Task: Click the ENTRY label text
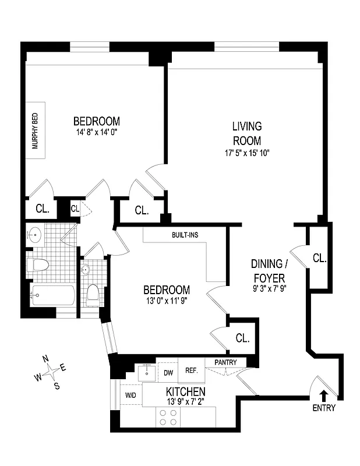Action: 324,407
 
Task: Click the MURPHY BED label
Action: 35,132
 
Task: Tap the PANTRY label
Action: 225,362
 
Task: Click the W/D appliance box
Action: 130,396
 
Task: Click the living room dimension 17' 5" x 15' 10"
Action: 247,153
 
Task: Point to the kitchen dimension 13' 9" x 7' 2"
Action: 186,401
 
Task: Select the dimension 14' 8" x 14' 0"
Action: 96,132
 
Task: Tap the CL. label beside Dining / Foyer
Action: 319,257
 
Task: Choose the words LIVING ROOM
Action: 247,133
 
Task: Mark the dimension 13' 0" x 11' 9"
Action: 167,301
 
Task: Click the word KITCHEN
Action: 186,391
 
